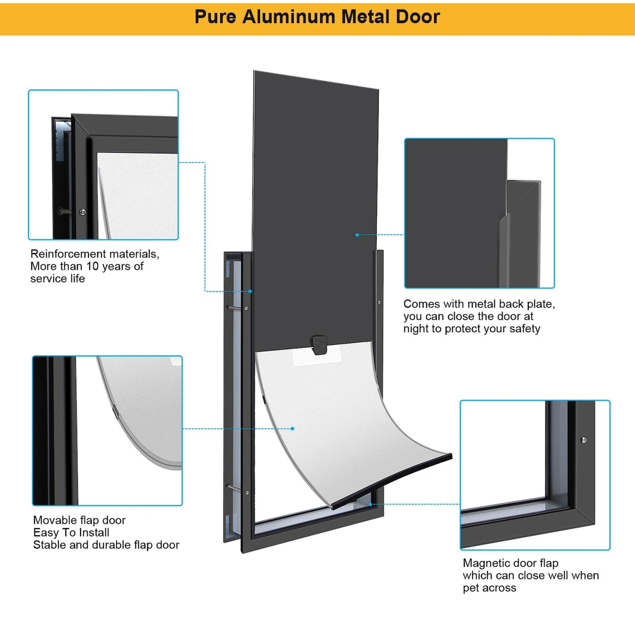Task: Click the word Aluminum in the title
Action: [x=289, y=17]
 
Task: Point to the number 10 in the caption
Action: [x=92, y=266]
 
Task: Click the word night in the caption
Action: [x=415, y=329]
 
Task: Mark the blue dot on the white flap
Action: [x=293, y=428]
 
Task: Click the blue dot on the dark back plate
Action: [x=357, y=235]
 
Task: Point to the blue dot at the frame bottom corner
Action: [x=370, y=504]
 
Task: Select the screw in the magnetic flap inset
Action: [x=584, y=440]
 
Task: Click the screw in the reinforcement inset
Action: [x=83, y=211]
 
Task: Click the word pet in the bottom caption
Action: [x=470, y=588]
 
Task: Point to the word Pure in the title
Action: [x=215, y=17]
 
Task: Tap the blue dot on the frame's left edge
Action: [x=250, y=291]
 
